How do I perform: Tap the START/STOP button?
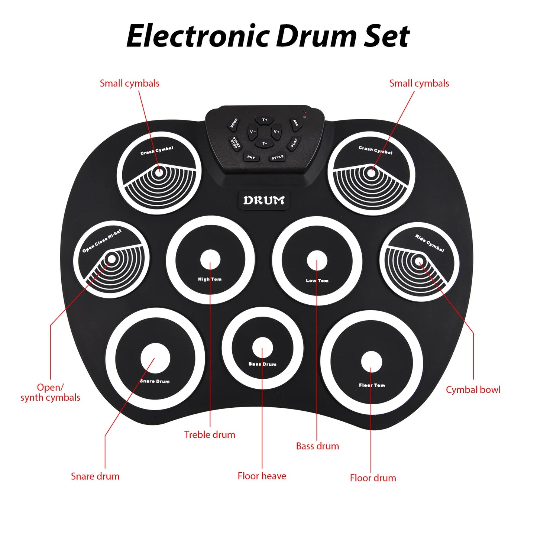point(235,143)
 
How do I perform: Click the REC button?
point(295,123)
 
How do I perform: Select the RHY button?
point(251,157)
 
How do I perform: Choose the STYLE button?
point(277,158)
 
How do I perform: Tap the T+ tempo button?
point(265,120)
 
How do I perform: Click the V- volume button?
point(253,132)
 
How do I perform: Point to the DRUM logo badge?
point(264,201)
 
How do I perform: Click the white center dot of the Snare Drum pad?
point(155,358)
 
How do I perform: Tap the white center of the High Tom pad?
point(210,259)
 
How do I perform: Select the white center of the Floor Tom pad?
point(371,361)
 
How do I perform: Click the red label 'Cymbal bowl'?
point(473,390)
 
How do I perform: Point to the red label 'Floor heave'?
point(262,476)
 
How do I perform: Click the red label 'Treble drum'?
point(210,435)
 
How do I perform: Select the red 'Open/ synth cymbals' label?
point(50,392)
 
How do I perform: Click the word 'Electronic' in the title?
point(198,36)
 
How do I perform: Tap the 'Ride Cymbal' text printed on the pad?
point(430,243)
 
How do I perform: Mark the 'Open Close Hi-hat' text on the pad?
point(102,241)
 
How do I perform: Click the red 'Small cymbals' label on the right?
point(419,84)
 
